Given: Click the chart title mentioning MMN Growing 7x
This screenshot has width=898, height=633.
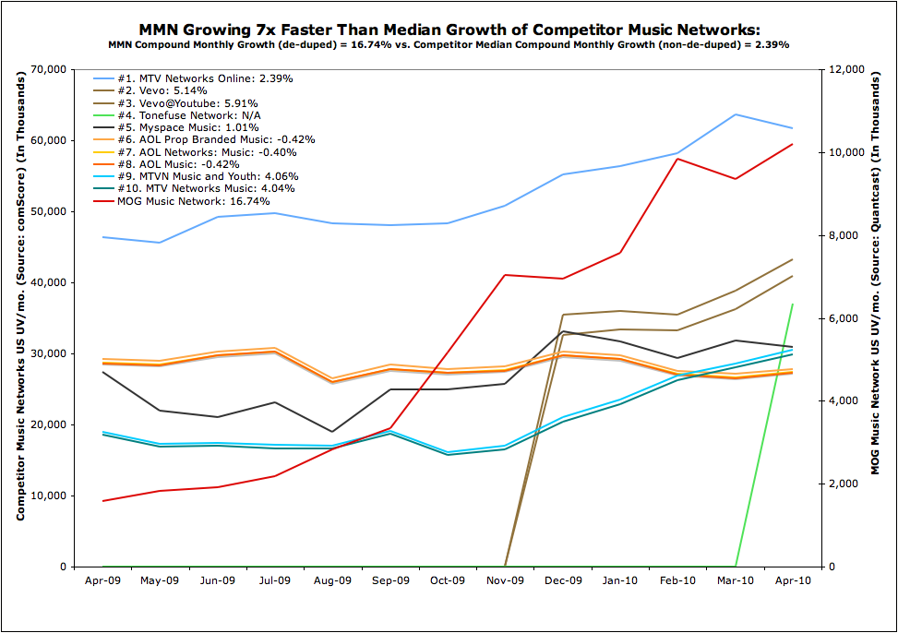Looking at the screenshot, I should point(449,30).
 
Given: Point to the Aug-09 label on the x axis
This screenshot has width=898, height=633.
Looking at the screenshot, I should point(332,581).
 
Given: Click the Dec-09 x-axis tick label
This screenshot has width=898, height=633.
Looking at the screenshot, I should point(563,581).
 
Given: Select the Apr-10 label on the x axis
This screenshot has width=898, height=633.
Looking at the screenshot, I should point(793,581).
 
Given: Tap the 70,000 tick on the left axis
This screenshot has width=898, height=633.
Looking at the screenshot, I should point(48,69).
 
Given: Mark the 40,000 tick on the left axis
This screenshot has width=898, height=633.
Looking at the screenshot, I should point(48,282).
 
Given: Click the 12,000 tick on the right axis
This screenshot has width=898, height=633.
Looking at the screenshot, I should point(846,69).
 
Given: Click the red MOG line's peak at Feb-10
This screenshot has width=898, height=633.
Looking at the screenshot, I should point(678,159).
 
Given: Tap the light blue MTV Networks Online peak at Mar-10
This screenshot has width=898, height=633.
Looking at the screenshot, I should point(736,114).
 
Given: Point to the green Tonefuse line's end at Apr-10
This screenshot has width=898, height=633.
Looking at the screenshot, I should point(793,305).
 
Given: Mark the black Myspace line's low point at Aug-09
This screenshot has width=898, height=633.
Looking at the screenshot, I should point(332,432).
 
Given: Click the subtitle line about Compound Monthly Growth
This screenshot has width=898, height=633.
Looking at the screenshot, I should point(449,44).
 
